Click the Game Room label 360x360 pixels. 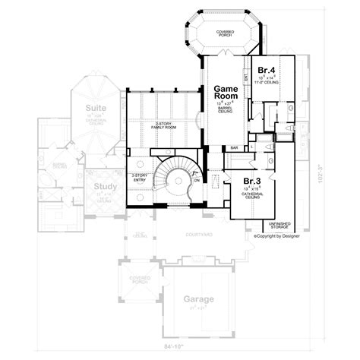[x=226, y=93]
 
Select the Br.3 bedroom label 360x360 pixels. [x=252, y=181]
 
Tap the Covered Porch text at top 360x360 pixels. [x=223, y=34]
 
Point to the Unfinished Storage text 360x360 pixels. [x=279, y=225]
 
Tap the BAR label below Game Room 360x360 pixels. [x=235, y=147]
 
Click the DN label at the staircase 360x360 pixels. [x=197, y=182]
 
